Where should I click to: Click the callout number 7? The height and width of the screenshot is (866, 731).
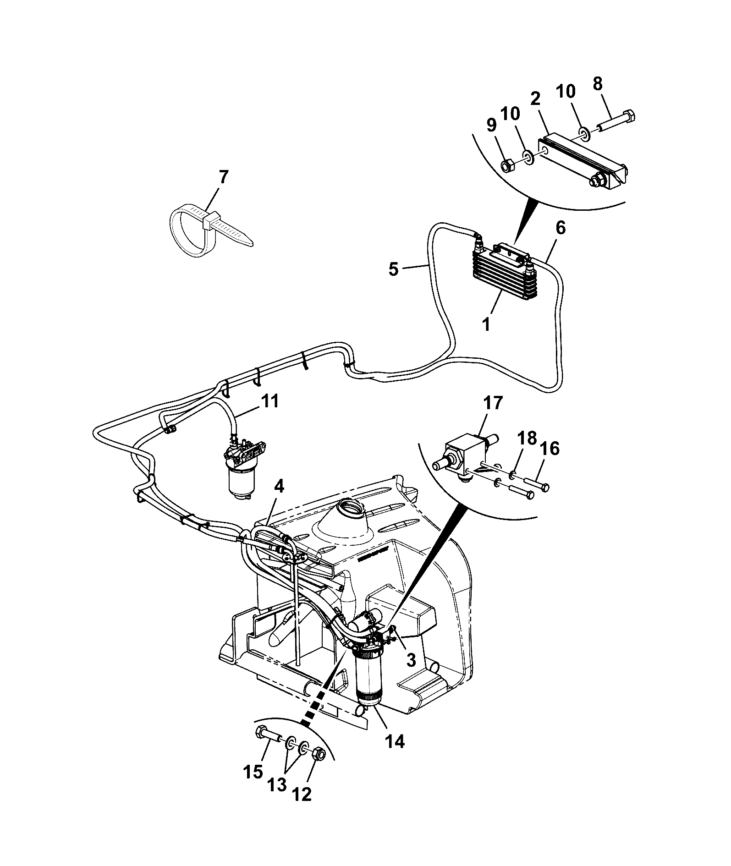[x=223, y=177]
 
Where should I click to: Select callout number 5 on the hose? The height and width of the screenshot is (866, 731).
[x=394, y=269]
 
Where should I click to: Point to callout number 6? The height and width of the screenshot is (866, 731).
[x=561, y=228]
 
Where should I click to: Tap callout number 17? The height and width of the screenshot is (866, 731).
[x=494, y=403]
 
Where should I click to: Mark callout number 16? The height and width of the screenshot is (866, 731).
[x=550, y=449]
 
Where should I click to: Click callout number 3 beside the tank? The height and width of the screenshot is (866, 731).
[x=411, y=660]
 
